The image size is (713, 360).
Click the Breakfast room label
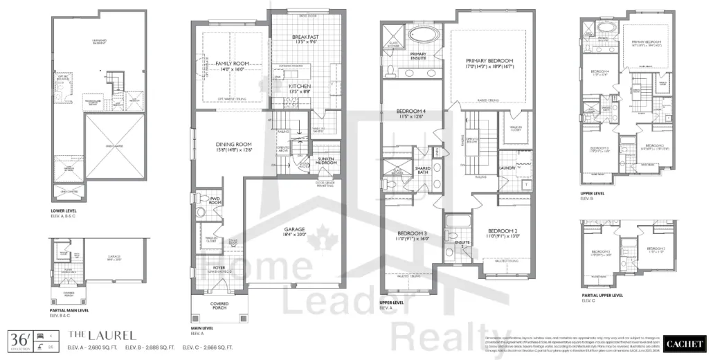point(305,37)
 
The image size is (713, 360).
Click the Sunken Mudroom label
point(325,161)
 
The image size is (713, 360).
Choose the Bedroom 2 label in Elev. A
point(503,231)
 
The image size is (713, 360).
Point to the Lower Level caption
point(64,210)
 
